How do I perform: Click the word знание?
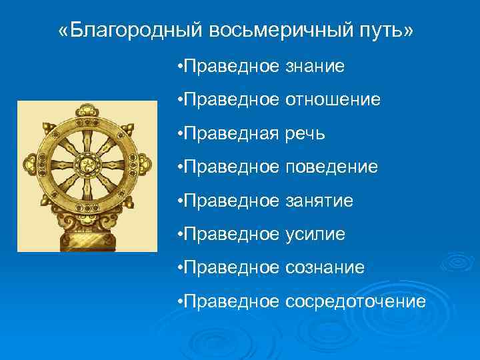[315, 66]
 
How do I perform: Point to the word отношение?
[333, 100]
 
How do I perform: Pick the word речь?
[305, 134]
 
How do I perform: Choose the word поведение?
[331, 167]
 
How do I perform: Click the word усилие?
[315, 235]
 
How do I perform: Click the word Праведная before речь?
[233, 134]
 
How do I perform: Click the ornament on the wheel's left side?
[31, 164]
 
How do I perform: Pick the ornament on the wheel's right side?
[141, 164]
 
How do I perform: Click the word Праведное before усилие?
[233, 235]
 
